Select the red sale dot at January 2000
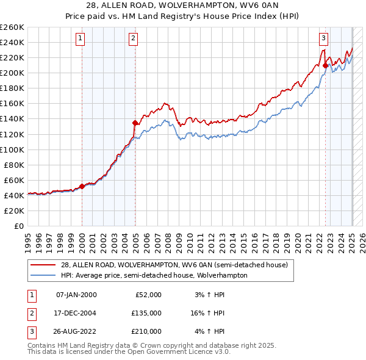pyautogui.click(x=82, y=186)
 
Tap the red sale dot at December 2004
pyautogui.click(x=135, y=123)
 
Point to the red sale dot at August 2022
pyautogui.click(x=326, y=65)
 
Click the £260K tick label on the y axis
pyautogui.click(x=12, y=27)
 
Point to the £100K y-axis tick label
pyautogui.click(x=12, y=149)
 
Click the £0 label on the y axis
pyautogui.click(x=18, y=226)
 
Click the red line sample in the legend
pyautogui.click(x=43, y=265)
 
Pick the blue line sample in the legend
pyautogui.click(x=43, y=275)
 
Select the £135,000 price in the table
pyautogui.click(x=146, y=313)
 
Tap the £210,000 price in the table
pyautogui.click(x=146, y=331)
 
